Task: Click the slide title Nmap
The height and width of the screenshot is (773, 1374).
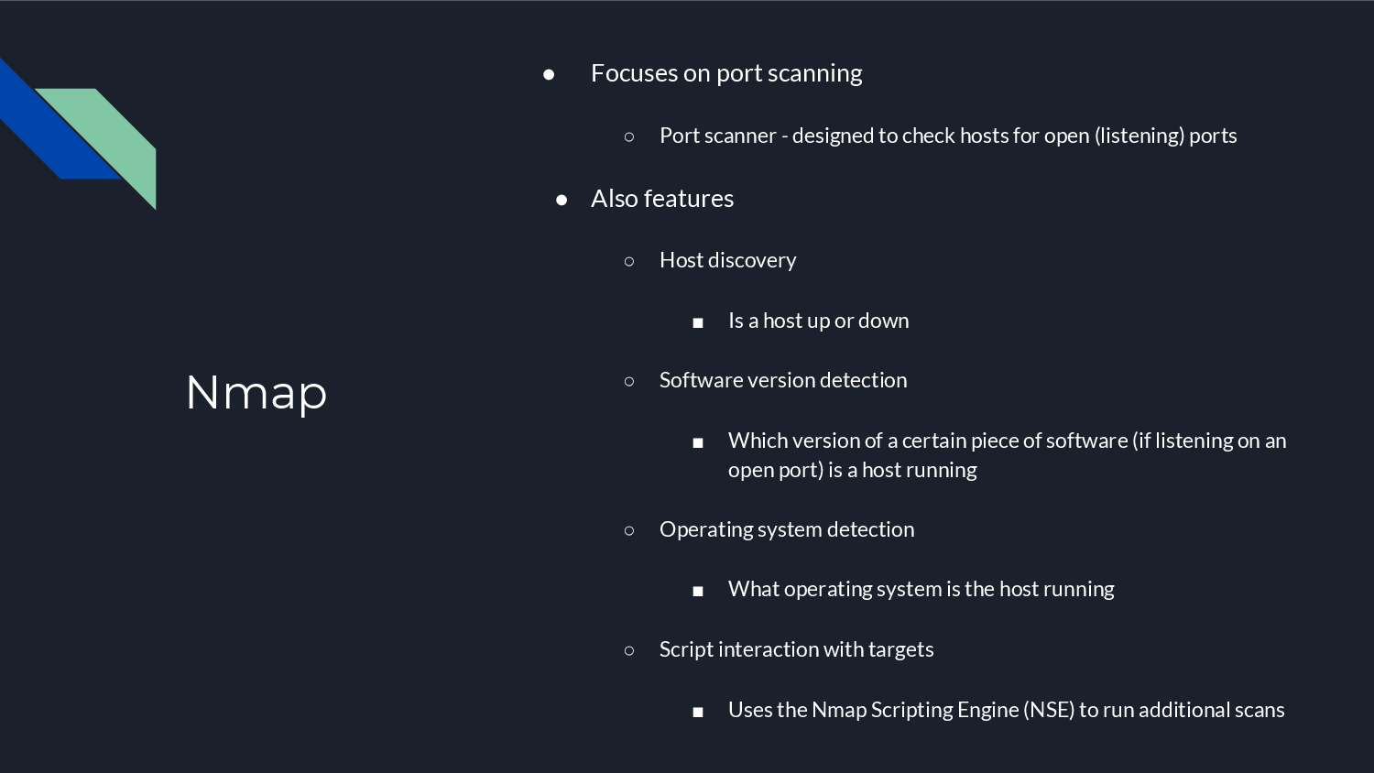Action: [256, 392]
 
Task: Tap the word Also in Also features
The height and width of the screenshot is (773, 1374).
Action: [614, 199]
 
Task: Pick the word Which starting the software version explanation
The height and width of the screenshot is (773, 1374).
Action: [758, 441]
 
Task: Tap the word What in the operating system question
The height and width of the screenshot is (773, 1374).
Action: [753, 589]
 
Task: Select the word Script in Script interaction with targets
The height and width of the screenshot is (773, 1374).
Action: [686, 649]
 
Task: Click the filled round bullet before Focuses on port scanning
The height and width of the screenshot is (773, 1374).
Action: [549, 74]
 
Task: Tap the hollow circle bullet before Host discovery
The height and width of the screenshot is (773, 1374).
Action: [629, 261]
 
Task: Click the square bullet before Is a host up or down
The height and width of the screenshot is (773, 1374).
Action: [698, 322]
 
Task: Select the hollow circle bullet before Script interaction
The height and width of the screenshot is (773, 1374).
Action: [629, 650]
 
